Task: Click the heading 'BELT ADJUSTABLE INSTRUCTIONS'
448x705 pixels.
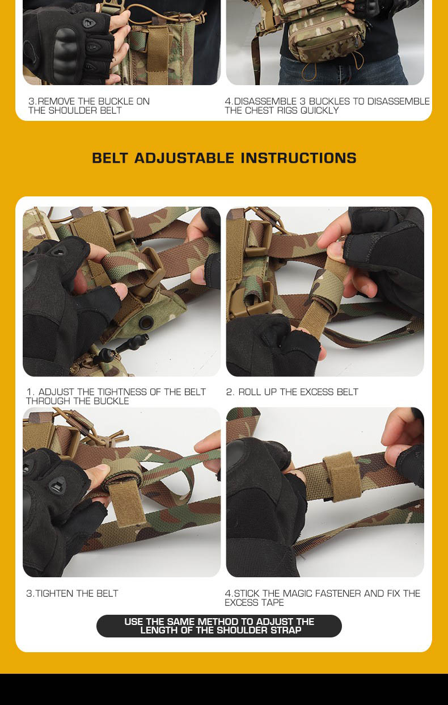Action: pyautogui.click(x=224, y=158)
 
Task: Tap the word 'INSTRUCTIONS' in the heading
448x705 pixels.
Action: pyautogui.click(x=299, y=158)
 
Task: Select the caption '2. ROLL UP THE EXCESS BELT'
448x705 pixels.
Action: pyautogui.click(x=292, y=392)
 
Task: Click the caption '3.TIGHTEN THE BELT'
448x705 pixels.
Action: pyautogui.click(x=73, y=593)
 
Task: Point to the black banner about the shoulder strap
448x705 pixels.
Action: pyautogui.click(x=219, y=626)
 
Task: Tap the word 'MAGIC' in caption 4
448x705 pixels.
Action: pyautogui.click(x=297, y=593)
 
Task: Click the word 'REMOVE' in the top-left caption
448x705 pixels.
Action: pyautogui.click(x=56, y=102)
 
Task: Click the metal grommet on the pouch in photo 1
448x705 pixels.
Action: pyautogui.click(x=146, y=322)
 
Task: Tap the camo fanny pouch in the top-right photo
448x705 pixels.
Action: pyautogui.click(x=327, y=35)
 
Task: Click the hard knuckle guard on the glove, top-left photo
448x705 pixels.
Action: pyautogui.click(x=65, y=53)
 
